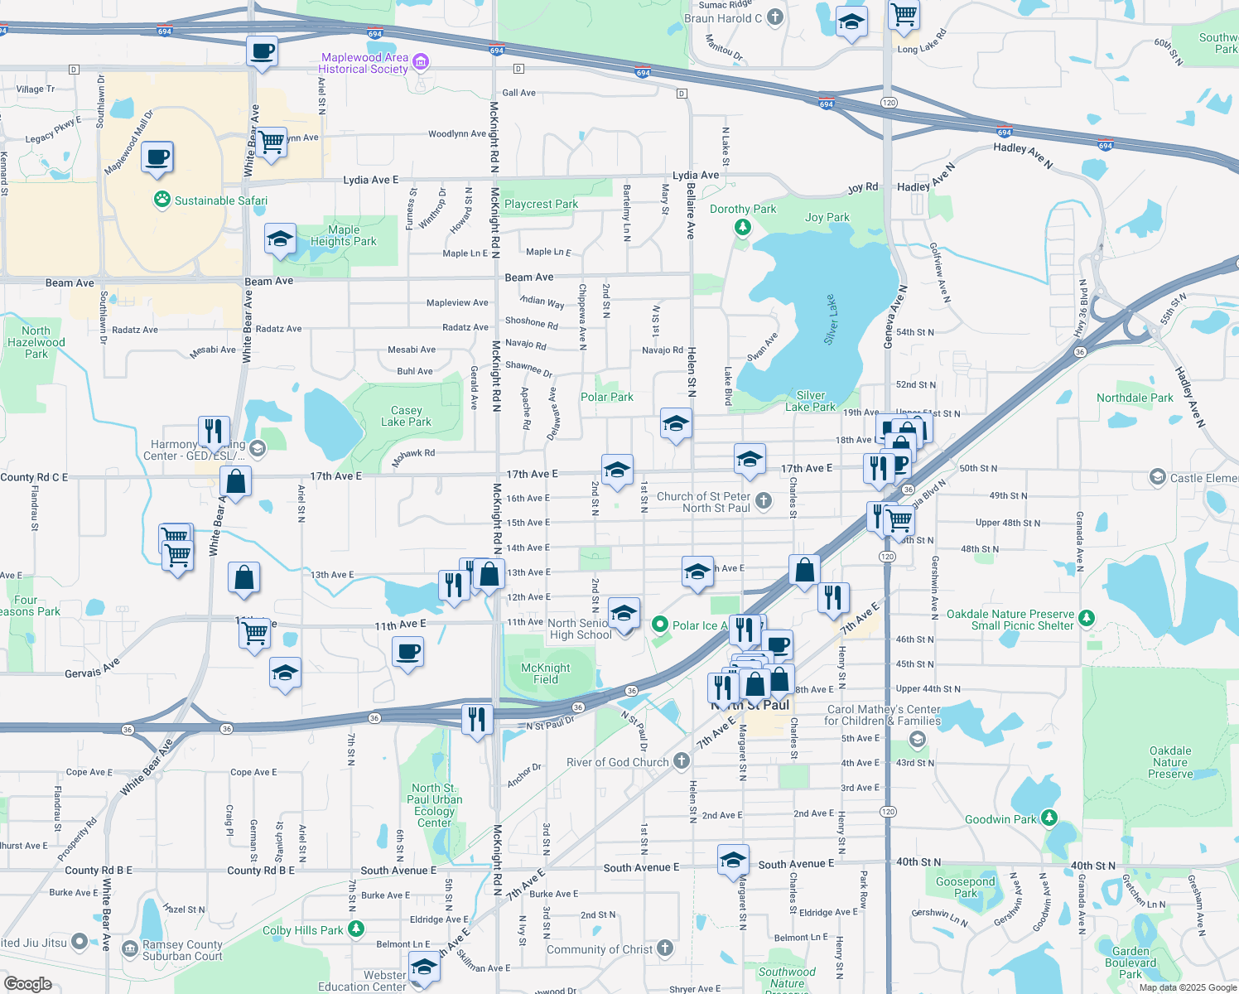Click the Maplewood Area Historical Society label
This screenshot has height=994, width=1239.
coord(364,63)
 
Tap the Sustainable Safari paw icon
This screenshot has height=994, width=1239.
coord(162,200)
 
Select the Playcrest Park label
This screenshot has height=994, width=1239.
coord(541,204)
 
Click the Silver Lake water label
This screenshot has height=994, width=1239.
coord(832,319)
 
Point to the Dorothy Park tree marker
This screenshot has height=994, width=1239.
coord(743,226)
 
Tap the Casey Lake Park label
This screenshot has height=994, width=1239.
coord(406,416)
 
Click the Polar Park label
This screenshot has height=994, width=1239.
coord(606,397)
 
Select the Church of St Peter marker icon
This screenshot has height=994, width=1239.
coord(764,500)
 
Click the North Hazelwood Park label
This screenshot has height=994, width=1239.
coord(36,342)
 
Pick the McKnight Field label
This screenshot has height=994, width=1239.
coord(545,673)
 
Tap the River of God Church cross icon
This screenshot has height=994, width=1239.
coord(682,761)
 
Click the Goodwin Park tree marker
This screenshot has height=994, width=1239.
coord(1049,818)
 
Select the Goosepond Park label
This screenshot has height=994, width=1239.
coord(965,887)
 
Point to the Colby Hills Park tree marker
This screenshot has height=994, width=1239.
coord(356,929)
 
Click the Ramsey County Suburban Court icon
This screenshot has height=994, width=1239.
coord(129,948)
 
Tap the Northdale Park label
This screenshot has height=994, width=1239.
coord(1135,398)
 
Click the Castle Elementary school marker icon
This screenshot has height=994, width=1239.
coord(1157,477)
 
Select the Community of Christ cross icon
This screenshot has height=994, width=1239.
coord(665,948)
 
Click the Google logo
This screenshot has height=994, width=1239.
coord(27,983)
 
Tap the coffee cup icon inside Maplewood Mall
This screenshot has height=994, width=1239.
coord(157,157)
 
